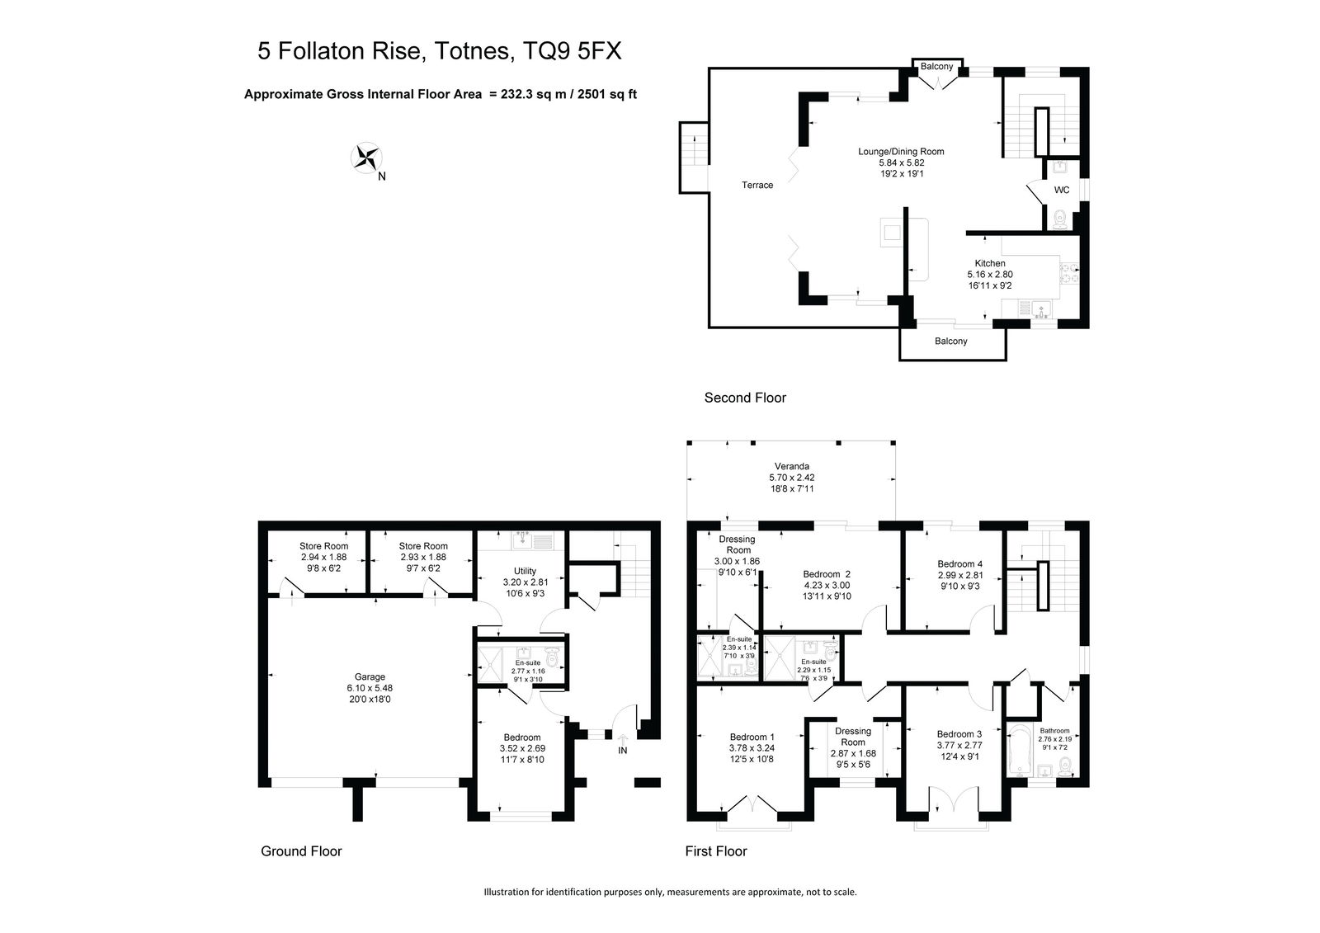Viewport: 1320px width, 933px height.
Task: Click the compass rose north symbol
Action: pyautogui.click(x=366, y=158)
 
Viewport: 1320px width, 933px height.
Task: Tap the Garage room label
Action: pyautogui.click(x=370, y=676)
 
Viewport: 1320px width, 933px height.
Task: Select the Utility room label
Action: pyautogui.click(x=525, y=571)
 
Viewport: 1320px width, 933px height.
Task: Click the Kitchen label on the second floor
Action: pyautogui.click(x=989, y=263)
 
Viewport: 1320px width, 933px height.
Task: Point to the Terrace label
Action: pyautogui.click(x=757, y=185)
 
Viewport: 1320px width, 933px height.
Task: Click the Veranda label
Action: pyautogui.click(x=791, y=466)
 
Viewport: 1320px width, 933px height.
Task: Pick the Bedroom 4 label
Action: pyautogui.click(x=960, y=564)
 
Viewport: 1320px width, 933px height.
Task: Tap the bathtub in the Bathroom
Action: pyautogui.click(x=1017, y=752)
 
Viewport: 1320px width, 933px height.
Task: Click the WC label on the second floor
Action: pyautogui.click(x=1061, y=190)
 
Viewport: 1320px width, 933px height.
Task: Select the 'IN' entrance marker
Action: pyautogui.click(x=622, y=751)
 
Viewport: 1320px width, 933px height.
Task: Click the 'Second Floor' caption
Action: pyautogui.click(x=745, y=398)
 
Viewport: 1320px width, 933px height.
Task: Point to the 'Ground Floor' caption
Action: pyautogui.click(x=301, y=851)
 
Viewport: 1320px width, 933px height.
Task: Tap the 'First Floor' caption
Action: pyautogui.click(x=716, y=851)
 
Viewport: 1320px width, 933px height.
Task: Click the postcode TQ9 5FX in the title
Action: pyautogui.click(x=573, y=50)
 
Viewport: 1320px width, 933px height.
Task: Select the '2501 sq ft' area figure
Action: pyautogui.click(x=607, y=94)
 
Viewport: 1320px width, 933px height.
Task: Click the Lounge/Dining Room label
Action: pyautogui.click(x=901, y=152)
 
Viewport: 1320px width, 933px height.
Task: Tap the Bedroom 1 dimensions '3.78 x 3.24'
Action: pyautogui.click(x=752, y=748)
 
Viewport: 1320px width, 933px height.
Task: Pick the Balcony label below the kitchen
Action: pyautogui.click(x=950, y=342)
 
